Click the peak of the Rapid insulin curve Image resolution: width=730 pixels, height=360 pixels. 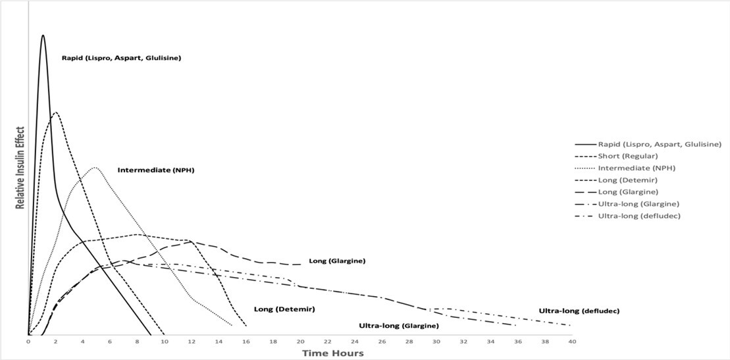(x=43, y=36)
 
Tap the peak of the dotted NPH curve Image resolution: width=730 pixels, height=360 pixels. (x=95, y=167)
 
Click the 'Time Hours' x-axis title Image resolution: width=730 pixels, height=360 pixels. (x=332, y=353)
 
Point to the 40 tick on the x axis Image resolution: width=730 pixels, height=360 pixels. (x=572, y=342)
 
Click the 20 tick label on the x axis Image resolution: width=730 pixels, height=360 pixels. (x=300, y=342)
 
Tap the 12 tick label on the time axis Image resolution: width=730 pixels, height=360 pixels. (x=192, y=342)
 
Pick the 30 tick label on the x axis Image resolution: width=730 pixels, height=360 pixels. (x=436, y=342)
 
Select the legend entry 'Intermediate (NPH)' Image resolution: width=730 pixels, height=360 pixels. (x=637, y=168)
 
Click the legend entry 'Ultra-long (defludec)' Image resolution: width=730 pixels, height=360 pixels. (x=639, y=216)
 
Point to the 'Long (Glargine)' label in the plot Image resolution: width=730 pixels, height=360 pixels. (x=337, y=261)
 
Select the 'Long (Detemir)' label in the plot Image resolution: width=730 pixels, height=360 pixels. (x=284, y=309)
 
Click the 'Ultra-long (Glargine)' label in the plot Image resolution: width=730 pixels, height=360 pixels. (x=398, y=326)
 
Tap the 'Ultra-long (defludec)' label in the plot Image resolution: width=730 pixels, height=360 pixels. (x=580, y=311)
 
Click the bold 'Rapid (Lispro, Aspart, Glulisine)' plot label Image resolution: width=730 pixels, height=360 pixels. (x=121, y=58)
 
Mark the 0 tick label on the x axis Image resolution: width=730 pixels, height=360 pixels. (x=28, y=342)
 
